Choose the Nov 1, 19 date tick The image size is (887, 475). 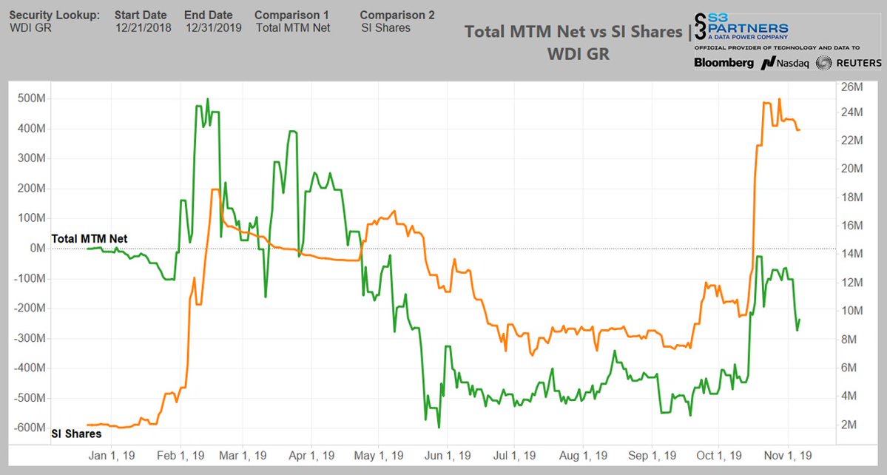(x=789, y=455)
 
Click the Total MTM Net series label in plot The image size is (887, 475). (x=89, y=238)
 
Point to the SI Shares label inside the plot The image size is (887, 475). (x=76, y=434)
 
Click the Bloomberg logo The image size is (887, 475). (x=724, y=63)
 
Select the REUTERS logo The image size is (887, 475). (x=849, y=63)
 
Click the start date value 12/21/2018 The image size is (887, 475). (x=143, y=28)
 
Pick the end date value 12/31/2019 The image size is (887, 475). (x=214, y=28)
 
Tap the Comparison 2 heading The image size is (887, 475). (x=397, y=15)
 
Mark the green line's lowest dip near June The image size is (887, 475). (x=439, y=427)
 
